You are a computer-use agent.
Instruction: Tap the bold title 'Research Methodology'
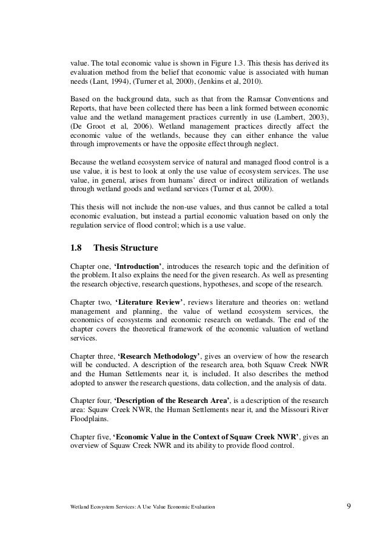pyautogui.click(x=161, y=354)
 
